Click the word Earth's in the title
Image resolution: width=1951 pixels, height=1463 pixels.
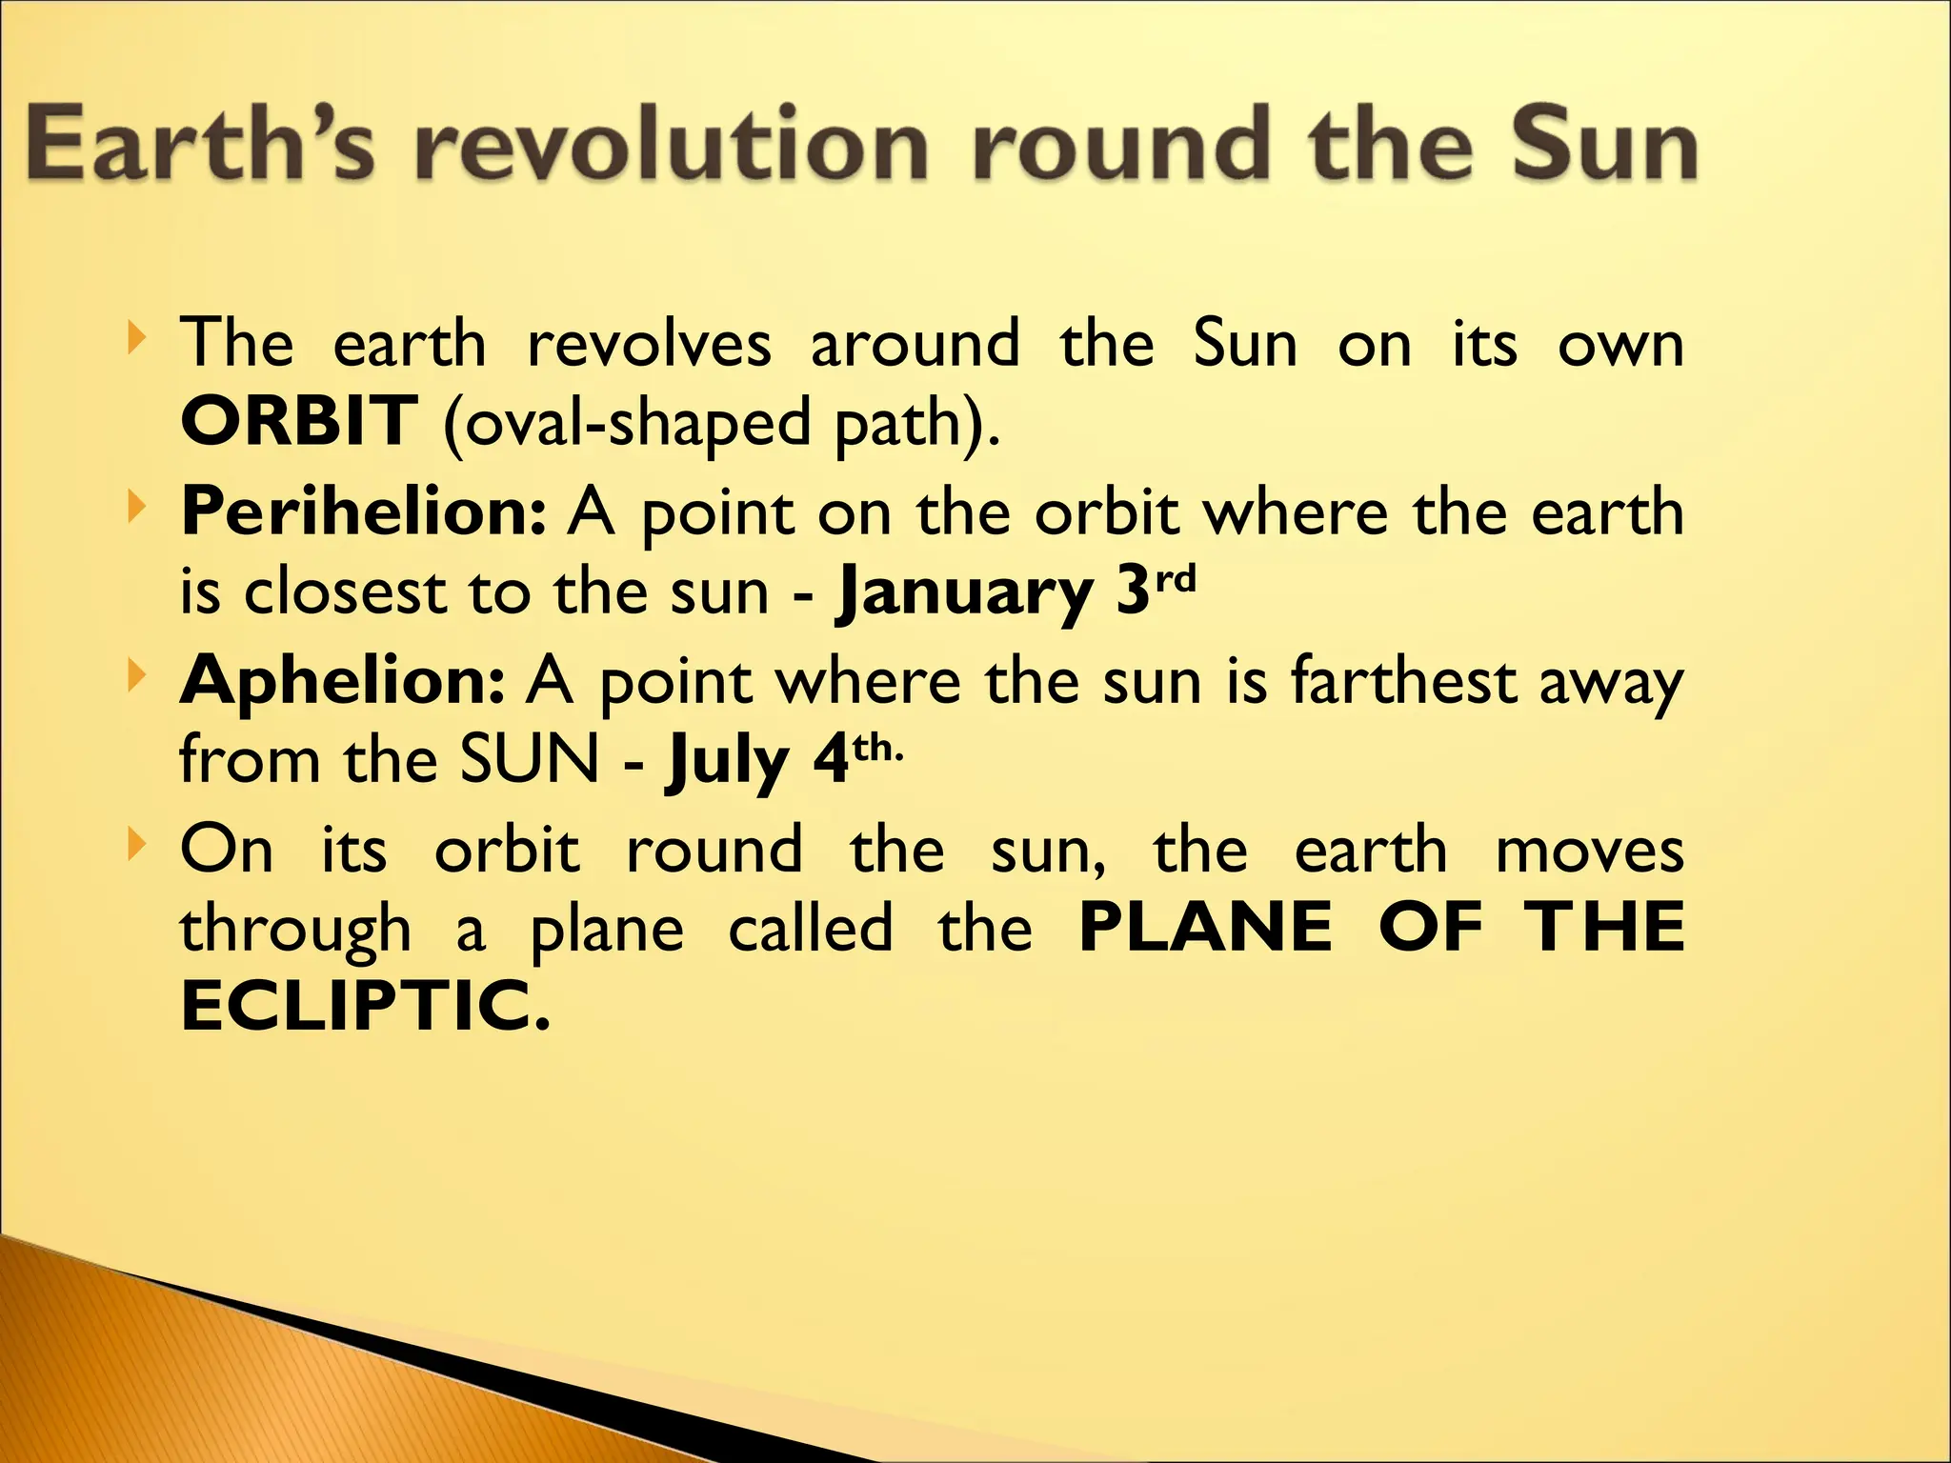[x=200, y=145]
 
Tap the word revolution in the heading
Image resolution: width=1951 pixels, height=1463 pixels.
[x=672, y=145]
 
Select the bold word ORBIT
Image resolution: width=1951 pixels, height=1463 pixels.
[x=298, y=422]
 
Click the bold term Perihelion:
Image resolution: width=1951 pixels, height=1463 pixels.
[x=364, y=512]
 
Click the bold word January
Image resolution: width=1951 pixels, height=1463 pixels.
[x=964, y=593]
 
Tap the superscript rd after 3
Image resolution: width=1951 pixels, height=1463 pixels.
[x=1175, y=579]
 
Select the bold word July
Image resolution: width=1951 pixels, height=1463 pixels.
[x=728, y=762]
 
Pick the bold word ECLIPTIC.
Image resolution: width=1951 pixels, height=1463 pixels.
[x=366, y=1008]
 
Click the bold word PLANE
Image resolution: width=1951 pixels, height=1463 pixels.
[x=1205, y=927]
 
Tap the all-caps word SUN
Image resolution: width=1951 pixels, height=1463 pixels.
[x=530, y=760]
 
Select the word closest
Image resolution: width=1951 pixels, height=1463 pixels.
[x=345, y=593]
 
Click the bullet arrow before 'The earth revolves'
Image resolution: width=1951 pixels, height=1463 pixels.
[x=138, y=335]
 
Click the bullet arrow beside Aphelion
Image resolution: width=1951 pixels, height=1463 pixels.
[x=138, y=674]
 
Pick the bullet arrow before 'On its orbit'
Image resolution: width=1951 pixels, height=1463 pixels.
[x=138, y=842]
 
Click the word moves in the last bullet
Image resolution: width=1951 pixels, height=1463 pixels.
[x=1589, y=851]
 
